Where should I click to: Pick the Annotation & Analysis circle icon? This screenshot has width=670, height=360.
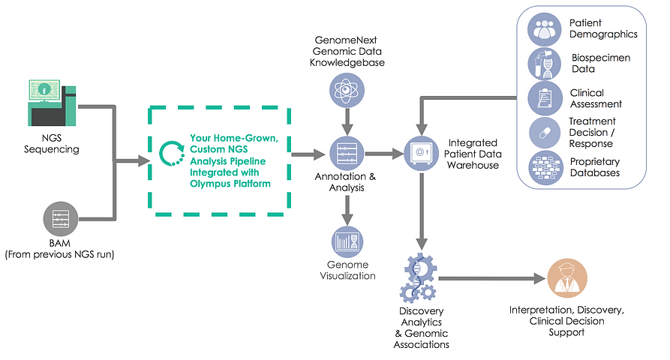347,154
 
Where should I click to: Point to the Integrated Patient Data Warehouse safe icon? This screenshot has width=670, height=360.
422,154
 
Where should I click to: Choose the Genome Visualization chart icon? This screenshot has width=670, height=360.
347,241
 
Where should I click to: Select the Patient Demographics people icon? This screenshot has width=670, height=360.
545,29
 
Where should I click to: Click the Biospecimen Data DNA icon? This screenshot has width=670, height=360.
545,63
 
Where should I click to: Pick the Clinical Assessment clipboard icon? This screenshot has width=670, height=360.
545,98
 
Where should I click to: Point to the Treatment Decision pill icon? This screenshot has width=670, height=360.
545,133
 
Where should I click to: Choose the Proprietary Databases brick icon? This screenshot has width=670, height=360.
545,166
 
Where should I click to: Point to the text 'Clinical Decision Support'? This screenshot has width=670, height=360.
567,322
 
